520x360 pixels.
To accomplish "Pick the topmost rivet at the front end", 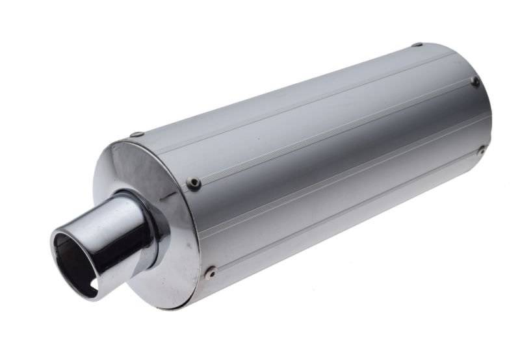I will pos(136,135).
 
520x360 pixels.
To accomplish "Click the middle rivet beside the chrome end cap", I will pos(193,183).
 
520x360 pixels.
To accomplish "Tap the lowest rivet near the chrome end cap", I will pos(210,272).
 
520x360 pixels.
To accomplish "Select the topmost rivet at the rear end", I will pos(417,45).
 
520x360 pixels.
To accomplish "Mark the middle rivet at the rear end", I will pos(475,81).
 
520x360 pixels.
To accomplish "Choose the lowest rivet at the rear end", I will pos(482,150).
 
